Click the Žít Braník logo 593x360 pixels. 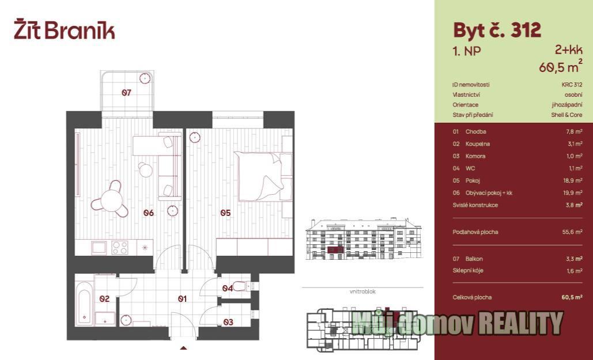[65, 31]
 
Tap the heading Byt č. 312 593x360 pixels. [497, 31]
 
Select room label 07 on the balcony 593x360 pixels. [126, 92]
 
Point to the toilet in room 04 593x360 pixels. [241, 286]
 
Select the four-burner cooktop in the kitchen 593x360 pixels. [119, 248]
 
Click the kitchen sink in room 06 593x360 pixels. [99, 248]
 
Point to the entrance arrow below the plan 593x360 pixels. [183, 348]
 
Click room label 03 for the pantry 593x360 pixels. [228, 322]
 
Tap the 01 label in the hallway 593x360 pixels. [182, 299]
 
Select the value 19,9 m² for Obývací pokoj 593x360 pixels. [573, 193]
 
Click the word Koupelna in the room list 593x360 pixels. [478, 143]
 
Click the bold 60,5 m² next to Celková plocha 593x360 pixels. [572, 297]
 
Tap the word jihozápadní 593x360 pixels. [567, 105]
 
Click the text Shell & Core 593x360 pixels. [567, 115]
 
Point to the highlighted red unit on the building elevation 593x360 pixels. [335, 249]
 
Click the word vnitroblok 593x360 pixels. [362, 291]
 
